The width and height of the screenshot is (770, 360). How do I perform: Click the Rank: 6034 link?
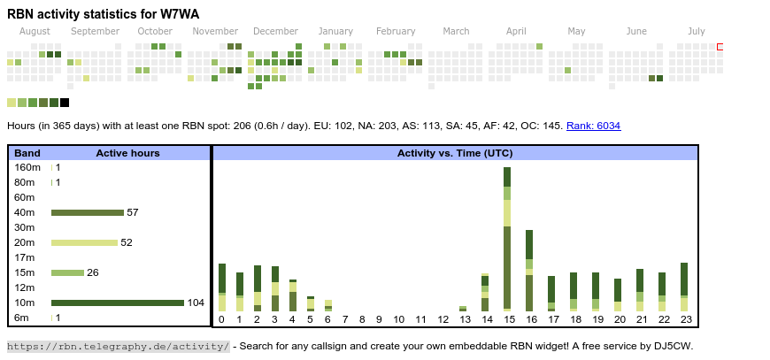[593, 126]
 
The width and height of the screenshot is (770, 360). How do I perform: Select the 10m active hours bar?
[117, 303]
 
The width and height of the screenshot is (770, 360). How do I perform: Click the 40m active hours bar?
[87, 212]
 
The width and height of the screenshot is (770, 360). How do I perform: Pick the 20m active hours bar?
[84, 242]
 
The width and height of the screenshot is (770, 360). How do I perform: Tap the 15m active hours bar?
[67, 272]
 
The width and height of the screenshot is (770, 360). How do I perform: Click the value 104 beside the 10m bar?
[196, 303]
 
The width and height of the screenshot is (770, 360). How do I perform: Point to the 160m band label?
[27, 167]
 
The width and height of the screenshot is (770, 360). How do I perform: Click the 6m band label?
[22, 318]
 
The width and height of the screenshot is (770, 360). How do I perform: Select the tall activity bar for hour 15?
[507, 239]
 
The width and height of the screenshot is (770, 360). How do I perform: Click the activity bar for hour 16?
[529, 271]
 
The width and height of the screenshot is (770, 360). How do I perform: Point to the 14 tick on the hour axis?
[486, 319]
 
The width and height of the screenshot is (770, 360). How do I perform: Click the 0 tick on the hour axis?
[221, 319]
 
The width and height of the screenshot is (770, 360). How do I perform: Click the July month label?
[697, 31]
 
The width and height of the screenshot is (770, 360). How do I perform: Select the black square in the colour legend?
[65, 103]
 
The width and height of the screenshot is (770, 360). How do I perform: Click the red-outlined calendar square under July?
[720, 46]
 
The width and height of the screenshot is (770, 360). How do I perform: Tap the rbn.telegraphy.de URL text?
[118, 346]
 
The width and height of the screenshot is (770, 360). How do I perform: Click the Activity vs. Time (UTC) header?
[455, 153]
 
